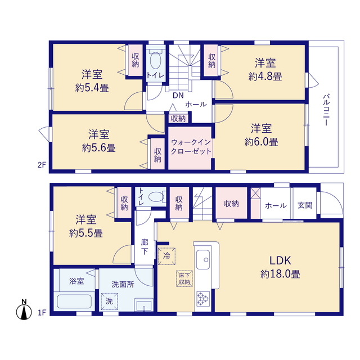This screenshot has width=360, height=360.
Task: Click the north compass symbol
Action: click(x=24, y=309)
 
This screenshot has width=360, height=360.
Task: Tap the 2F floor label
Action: click(x=42, y=165)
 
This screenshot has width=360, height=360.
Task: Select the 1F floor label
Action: click(x=42, y=313)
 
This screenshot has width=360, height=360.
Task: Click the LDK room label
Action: click(x=280, y=260)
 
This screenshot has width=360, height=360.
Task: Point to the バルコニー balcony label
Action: click(x=326, y=110)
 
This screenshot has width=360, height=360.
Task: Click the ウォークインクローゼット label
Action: click(x=191, y=147)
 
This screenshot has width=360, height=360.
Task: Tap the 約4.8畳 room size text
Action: click(x=265, y=76)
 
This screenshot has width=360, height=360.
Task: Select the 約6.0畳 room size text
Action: click(x=261, y=142)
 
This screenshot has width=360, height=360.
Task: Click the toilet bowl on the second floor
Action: click(x=156, y=60)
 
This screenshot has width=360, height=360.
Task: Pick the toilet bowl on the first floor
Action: click(x=156, y=197)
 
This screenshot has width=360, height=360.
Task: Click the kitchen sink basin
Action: click(x=203, y=259)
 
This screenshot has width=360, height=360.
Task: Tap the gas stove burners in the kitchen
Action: click(x=203, y=299)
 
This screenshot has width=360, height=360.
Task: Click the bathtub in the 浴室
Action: click(x=74, y=301)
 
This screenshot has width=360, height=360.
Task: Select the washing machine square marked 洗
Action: click(x=109, y=301)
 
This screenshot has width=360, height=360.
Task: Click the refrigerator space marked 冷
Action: click(x=167, y=256)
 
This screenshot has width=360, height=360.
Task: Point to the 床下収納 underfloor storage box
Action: click(x=184, y=279)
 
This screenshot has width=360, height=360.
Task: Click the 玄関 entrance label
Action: click(x=305, y=205)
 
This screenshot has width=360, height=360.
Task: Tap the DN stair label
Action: click(x=178, y=96)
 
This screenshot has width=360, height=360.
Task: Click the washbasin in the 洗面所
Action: click(x=144, y=305)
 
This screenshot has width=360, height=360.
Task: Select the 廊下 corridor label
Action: click(x=145, y=247)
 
